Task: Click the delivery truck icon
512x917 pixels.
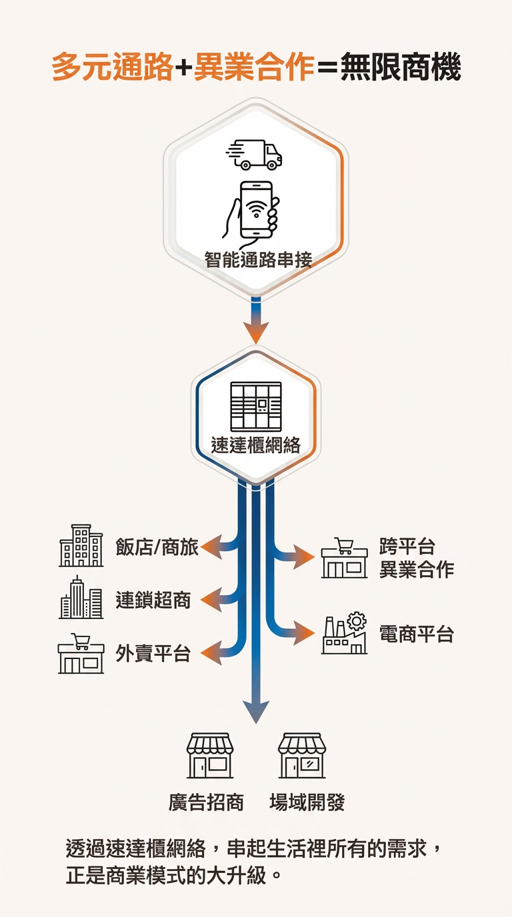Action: [255, 155]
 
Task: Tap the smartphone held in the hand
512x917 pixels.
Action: [256, 209]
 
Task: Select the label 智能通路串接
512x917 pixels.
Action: [258, 259]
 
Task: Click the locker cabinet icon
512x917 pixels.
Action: [256, 407]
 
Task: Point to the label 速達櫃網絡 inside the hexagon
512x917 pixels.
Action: [256, 445]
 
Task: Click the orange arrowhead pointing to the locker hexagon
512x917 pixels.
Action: [256, 331]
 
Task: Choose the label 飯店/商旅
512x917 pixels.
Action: [157, 548]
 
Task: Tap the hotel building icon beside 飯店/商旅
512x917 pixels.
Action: [81, 546]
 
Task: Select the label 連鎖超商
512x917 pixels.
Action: [153, 600]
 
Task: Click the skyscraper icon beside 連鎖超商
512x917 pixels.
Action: [81, 598]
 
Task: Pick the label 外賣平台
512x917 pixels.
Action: [153, 653]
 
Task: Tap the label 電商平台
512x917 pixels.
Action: [417, 634]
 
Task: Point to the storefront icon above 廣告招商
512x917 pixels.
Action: [210, 756]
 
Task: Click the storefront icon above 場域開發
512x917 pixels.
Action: [302, 756]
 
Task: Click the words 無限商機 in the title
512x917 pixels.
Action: [400, 68]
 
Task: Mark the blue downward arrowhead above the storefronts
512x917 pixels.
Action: [256, 712]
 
